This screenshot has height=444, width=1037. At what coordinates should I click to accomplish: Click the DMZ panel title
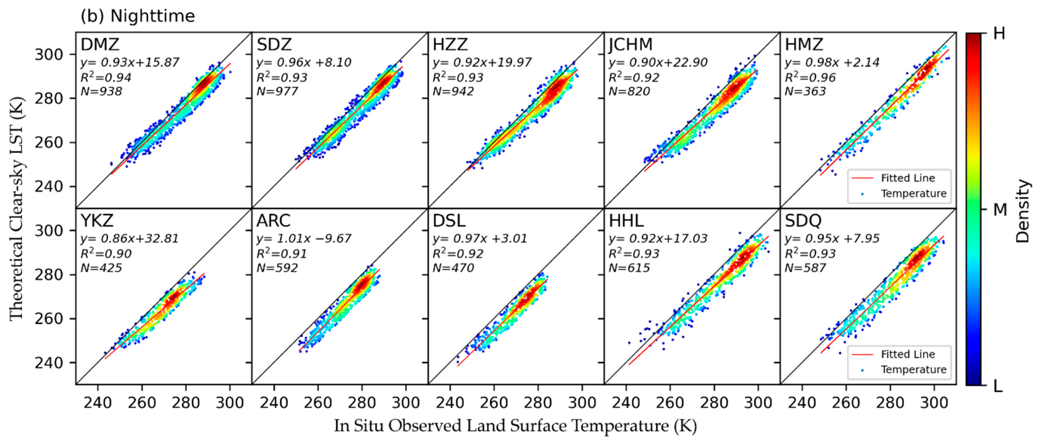(x=100, y=44)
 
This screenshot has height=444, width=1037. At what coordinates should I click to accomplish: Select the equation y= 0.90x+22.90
(x=658, y=62)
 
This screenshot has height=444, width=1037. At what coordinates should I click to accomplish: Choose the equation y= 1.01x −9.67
(x=304, y=239)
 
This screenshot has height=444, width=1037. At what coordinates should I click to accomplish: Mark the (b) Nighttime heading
(x=138, y=16)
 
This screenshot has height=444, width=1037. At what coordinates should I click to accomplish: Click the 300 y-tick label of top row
(x=48, y=54)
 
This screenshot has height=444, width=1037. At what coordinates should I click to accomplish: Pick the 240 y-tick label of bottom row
(x=48, y=363)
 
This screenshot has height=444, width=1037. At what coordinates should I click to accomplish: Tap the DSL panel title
(x=449, y=221)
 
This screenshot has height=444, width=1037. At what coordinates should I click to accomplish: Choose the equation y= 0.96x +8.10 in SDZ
(x=304, y=62)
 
